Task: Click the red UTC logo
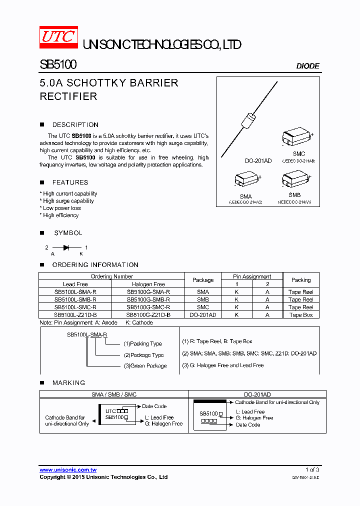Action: [58, 37]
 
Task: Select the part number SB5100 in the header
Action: [58, 65]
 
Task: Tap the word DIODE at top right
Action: [307, 66]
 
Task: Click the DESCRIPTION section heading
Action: [75, 125]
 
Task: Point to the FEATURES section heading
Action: [70, 182]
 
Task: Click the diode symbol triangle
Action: [65, 247]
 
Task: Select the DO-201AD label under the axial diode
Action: [258, 161]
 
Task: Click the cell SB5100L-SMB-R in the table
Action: [75, 299]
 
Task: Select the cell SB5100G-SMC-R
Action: [148, 307]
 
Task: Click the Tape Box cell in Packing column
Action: [301, 315]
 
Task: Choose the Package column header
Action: [203, 280]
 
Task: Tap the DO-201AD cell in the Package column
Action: [203, 315]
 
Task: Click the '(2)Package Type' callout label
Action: [144, 355]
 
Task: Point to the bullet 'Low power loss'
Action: [61, 208]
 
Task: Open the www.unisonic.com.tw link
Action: [68, 470]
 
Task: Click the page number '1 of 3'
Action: [312, 470]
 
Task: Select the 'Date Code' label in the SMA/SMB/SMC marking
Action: [154, 406]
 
